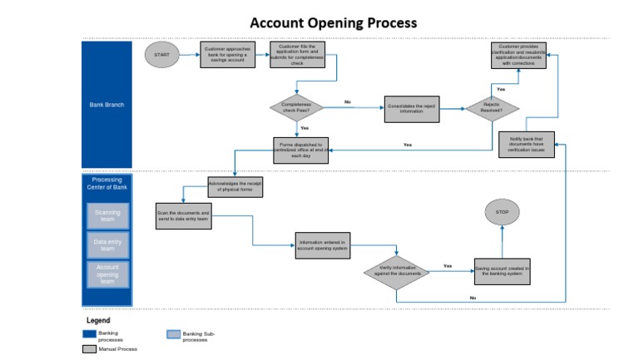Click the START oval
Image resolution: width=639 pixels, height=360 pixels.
click(x=161, y=55)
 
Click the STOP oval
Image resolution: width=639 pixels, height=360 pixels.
click(x=502, y=213)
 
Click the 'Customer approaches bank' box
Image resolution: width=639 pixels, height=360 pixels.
click(x=228, y=55)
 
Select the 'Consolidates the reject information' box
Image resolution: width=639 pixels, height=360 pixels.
click(x=411, y=107)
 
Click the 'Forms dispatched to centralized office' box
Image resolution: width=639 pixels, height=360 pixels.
click(x=302, y=149)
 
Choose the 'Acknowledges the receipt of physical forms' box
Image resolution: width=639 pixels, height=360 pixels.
click(x=235, y=187)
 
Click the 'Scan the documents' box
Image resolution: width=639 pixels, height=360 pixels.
click(x=184, y=216)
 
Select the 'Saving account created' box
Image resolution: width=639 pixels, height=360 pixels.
click(x=503, y=272)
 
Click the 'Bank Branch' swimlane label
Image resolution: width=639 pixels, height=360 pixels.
click(x=106, y=105)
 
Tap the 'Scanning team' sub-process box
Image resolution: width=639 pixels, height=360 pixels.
click(x=107, y=216)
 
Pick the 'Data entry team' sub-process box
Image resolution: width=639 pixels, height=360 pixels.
click(x=107, y=244)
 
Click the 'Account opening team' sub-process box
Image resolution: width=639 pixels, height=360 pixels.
click(x=107, y=274)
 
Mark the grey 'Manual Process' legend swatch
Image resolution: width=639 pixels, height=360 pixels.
click(x=89, y=350)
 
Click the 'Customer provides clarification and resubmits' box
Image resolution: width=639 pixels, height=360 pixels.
click(x=518, y=56)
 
